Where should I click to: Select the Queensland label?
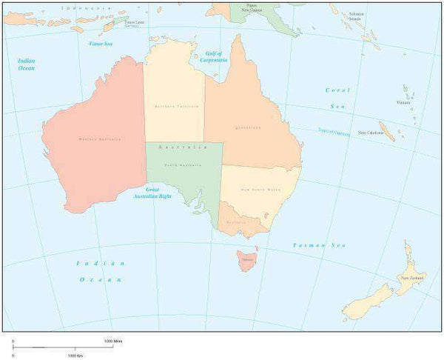249,127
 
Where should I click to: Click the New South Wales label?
260,190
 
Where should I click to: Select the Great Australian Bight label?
154,193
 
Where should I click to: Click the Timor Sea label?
100,44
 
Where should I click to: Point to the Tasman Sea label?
319,245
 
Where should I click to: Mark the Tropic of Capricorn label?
334,131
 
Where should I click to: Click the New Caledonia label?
371,133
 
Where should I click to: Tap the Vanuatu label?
403,103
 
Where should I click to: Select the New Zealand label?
412,278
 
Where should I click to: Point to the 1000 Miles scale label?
113,341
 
